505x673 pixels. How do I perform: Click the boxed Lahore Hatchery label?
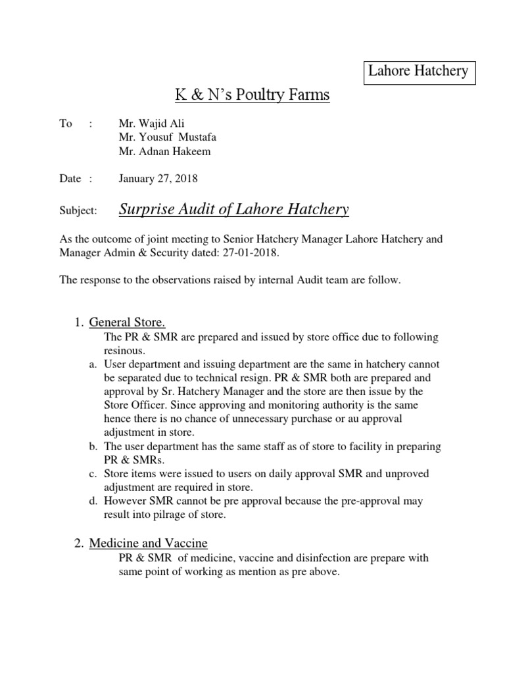click(x=418, y=71)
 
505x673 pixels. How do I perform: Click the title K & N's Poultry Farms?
click(x=252, y=96)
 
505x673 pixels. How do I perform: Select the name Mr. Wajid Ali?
click(x=148, y=124)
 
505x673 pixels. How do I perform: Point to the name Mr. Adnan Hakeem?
click(x=164, y=152)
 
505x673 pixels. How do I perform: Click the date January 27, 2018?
click(x=158, y=178)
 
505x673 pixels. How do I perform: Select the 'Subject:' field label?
click(x=78, y=211)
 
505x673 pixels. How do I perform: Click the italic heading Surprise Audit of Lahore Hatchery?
click(x=233, y=210)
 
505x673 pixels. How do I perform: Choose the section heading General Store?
click(x=127, y=322)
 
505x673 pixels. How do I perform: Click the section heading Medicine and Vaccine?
click(x=148, y=543)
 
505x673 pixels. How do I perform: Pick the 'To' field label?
click(x=66, y=124)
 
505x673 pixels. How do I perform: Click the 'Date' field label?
click(x=70, y=178)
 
